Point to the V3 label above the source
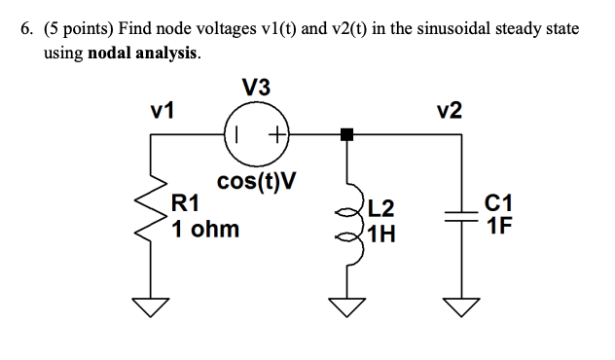(x=257, y=90)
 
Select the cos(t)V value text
(x=257, y=182)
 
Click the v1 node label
(x=161, y=109)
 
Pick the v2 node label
(x=451, y=109)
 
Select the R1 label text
(x=185, y=204)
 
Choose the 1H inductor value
(x=381, y=234)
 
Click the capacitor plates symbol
(x=462, y=221)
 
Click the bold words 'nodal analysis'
(x=142, y=54)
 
